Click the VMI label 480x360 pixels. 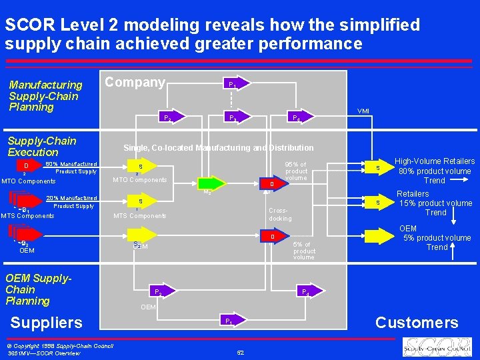363,111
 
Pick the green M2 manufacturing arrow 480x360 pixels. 210,184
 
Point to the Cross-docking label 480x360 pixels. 280,214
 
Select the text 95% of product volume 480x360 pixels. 295,171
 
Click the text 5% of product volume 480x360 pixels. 304,251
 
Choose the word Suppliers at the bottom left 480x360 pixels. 47,323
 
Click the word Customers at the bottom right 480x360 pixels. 417,323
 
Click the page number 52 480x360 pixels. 240,352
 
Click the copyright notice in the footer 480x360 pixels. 60,345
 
